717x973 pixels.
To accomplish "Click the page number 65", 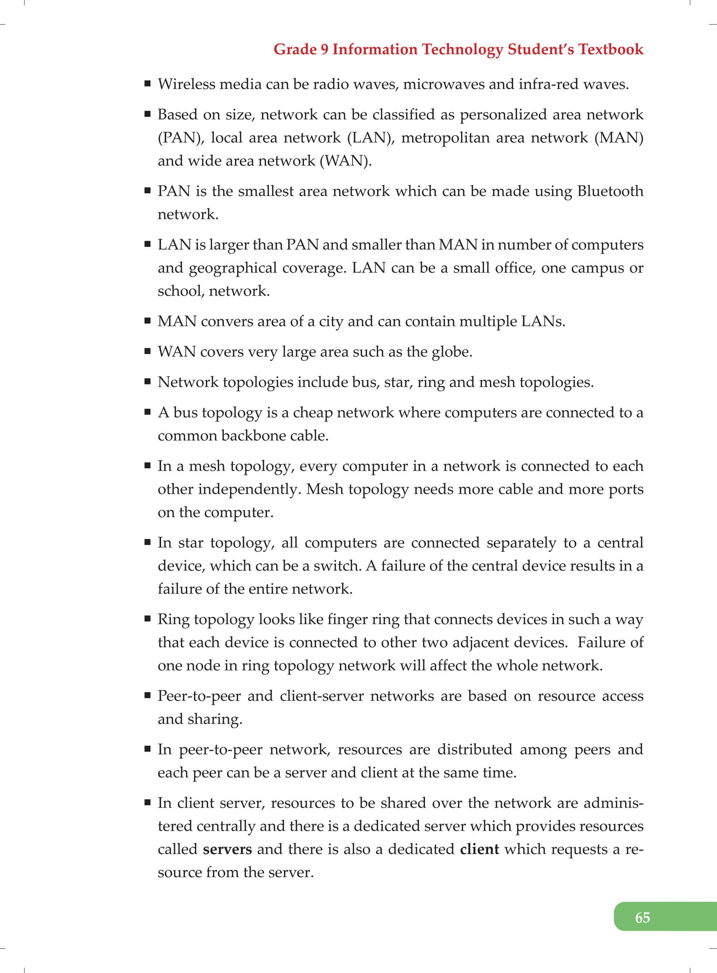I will (642, 917).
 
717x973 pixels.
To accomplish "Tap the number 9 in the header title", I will (324, 49).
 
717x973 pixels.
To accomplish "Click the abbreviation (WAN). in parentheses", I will (346, 161).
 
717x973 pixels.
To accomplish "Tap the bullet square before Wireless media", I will (148, 83).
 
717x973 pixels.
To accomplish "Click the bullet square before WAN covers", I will (148, 351).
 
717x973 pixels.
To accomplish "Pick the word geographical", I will (232, 268).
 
